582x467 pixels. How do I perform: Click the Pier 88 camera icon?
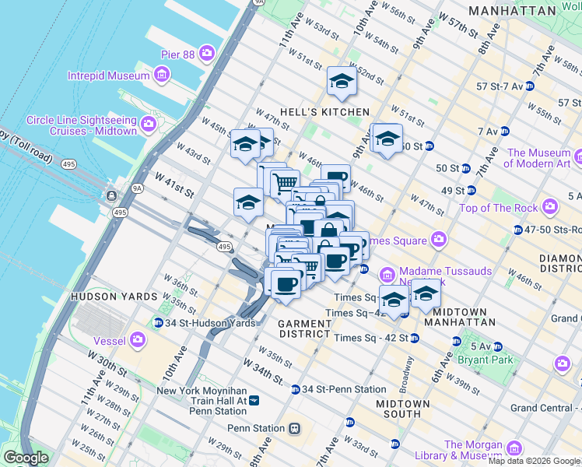[x=207, y=53]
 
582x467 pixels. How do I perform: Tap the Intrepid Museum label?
[x=109, y=75]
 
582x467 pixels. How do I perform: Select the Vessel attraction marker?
[x=138, y=339]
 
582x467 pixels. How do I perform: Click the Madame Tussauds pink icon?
[x=387, y=276]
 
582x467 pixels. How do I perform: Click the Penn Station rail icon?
[x=295, y=428]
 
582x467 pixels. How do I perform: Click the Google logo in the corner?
[x=26, y=458]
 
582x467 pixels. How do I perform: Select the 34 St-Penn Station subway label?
[x=343, y=389]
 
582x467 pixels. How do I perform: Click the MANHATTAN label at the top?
[x=512, y=12]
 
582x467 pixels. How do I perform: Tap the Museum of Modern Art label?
[x=542, y=158]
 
